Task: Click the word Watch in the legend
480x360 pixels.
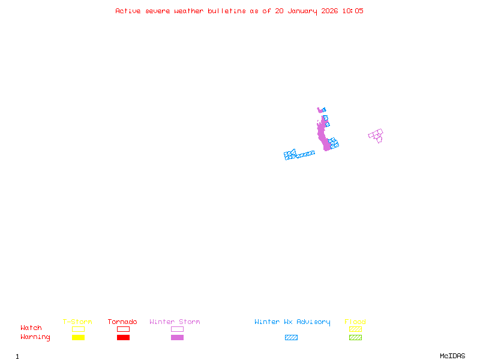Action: [31, 328]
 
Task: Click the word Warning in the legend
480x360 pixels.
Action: [35, 337]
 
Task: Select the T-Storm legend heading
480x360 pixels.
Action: [77, 322]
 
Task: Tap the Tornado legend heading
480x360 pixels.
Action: [122, 322]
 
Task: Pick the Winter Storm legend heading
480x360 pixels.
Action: [175, 322]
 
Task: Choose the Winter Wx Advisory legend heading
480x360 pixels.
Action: [292, 322]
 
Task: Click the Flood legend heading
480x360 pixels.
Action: [355, 322]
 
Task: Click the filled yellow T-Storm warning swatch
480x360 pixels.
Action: [78, 338]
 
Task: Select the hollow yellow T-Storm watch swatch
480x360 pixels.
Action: [78, 329]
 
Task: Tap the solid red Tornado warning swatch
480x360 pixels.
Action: [123, 338]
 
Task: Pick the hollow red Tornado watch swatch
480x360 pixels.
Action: [123, 329]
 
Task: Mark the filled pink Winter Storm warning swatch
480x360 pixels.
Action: [177, 338]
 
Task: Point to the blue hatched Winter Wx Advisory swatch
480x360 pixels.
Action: [291, 338]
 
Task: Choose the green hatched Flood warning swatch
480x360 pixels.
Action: [355, 338]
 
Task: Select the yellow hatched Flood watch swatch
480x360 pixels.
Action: [355, 329]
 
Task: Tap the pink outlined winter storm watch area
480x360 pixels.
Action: [376, 135]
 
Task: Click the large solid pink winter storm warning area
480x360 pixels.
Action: [323, 135]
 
